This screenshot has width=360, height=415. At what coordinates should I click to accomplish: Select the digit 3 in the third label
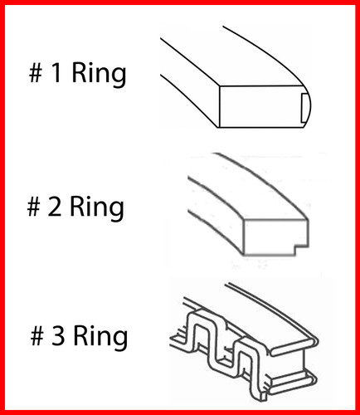pos(57,337)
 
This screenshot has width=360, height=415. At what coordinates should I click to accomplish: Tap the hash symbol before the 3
pos(35,337)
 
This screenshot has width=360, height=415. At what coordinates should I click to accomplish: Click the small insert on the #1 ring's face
pos(304,108)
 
